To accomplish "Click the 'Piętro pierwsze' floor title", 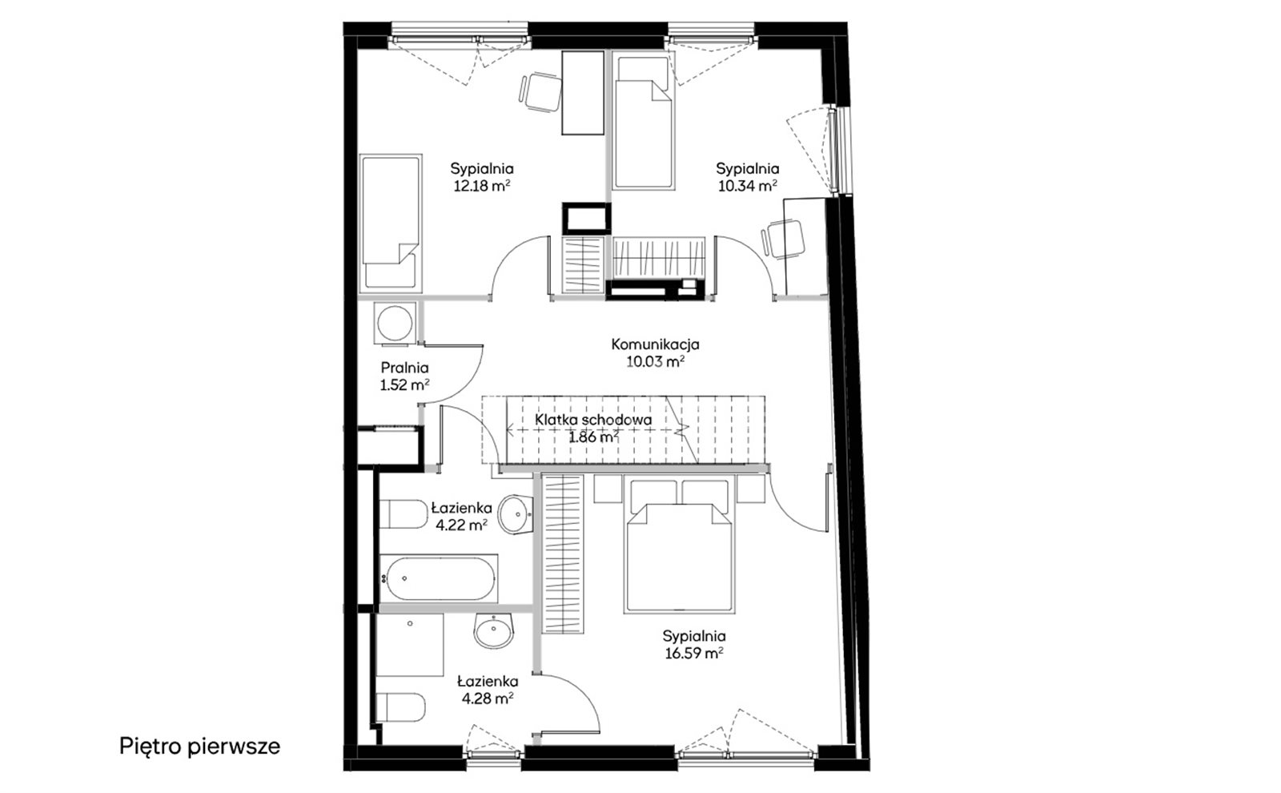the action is click(199, 746).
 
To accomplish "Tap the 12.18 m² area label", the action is click(481, 186).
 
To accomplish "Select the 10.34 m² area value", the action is click(748, 186).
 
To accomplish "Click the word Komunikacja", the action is click(656, 344).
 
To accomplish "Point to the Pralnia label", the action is click(404, 368).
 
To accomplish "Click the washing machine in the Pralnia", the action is click(396, 324).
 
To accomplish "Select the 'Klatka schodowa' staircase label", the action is click(593, 420).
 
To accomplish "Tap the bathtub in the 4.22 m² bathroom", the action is click(438, 578).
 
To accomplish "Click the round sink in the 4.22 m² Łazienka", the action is click(516, 513).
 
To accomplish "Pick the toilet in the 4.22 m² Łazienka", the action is click(404, 513).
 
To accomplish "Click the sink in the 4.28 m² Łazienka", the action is click(493, 631).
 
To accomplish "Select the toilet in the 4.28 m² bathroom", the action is click(400, 708).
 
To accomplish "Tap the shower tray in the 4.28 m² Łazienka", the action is click(411, 646).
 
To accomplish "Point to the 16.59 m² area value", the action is click(694, 654).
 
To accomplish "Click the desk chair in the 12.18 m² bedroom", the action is click(540, 92).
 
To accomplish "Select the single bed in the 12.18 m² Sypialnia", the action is click(392, 223).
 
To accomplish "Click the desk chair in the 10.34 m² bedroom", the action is click(784, 239).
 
